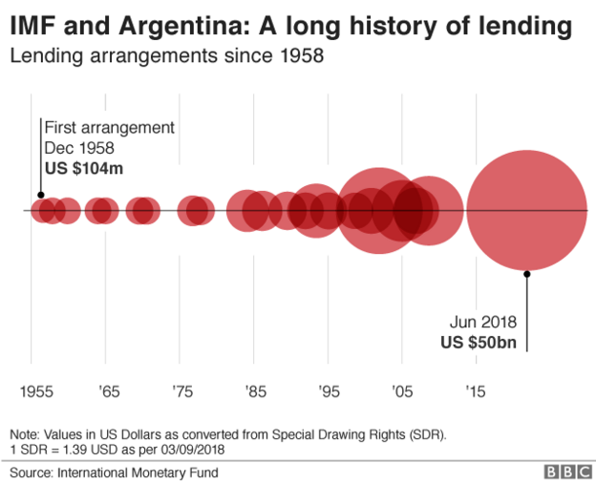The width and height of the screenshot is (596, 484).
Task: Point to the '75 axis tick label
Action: [x=181, y=391]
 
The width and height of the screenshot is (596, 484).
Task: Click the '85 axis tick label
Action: [x=254, y=391]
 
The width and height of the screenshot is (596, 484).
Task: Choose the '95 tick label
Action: [x=328, y=391]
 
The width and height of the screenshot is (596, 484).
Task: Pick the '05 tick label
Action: [x=401, y=391]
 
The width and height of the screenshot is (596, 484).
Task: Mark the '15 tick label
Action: [x=475, y=391]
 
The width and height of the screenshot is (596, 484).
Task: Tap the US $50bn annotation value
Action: [x=478, y=341]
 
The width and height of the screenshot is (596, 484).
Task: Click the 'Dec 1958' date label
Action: [x=79, y=148]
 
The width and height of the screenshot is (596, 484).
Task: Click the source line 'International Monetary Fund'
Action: [x=137, y=472]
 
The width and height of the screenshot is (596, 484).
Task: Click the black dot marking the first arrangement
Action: [x=40, y=195]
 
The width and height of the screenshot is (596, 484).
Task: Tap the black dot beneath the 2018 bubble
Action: [x=526, y=272]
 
